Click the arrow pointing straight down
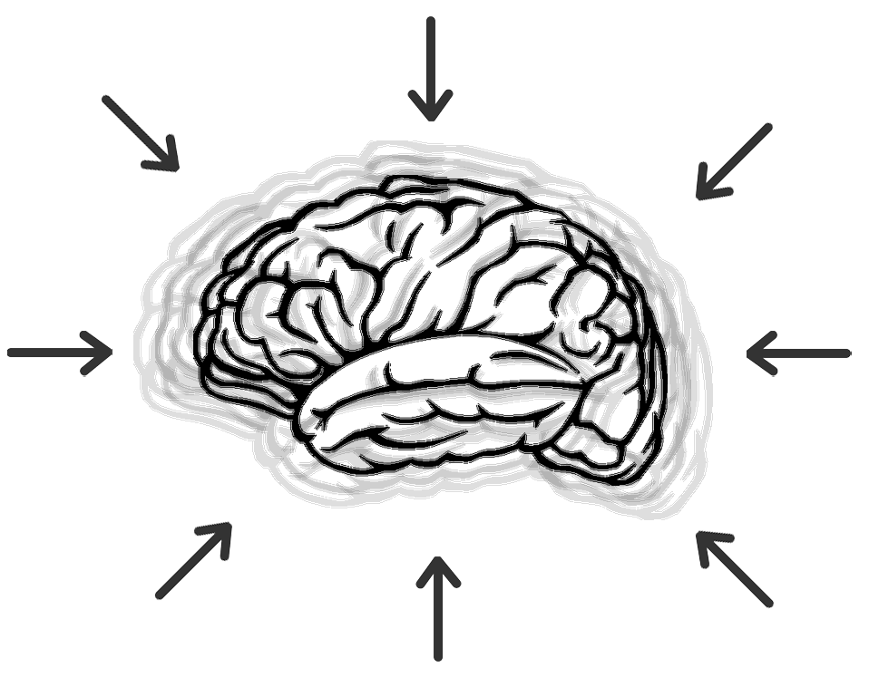tap(430, 68)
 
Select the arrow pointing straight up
tap(438, 608)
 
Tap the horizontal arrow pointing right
tap(59, 352)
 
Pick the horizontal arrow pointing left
tap(798, 353)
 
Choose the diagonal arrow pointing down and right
tap(141, 133)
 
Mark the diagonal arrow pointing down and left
tap(733, 161)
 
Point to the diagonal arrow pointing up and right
tap(194, 560)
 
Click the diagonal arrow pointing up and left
tap(734, 568)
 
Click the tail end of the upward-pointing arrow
tap(438, 655)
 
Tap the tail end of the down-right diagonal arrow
tap(106, 100)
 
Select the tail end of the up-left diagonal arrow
tap(768, 602)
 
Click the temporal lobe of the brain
tap(435, 399)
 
